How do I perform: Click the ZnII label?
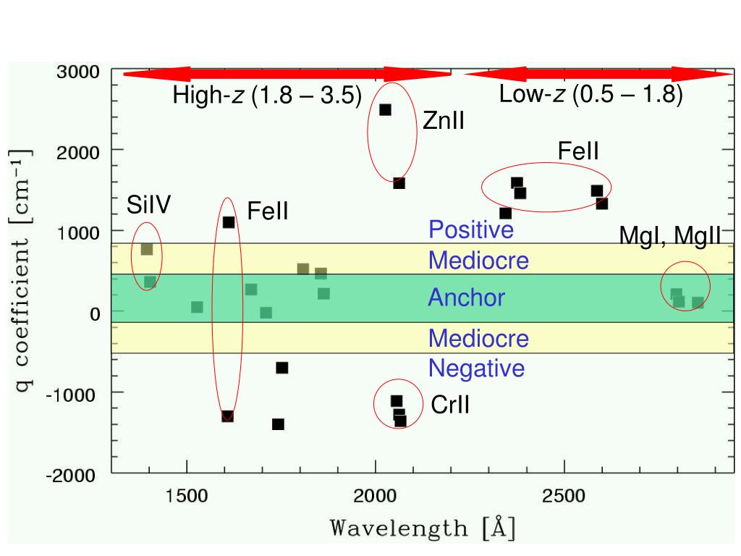pyautogui.click(x=443, y=121)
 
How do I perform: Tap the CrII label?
pyautogui.click(x=450, y=405)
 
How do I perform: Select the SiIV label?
pyautogui.click(x=149, y=206)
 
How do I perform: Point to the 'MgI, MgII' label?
pyautogui.click(x=670, y=236)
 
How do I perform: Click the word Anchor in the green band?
pyautogui.click(x=467, y=298)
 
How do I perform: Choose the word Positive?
pyautogui.click(x=471, y=230)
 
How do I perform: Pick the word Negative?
pyautogui.click(x=476, y=368)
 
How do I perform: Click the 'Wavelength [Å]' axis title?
pyautogui.click(x=423, y=527)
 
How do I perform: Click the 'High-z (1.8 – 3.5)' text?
pyautogui.click(x=267, y=96)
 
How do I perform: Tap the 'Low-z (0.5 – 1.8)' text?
pyautogui.click(x=590, y=95)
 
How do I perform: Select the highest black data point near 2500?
pyautogui.click(x=517, y=183)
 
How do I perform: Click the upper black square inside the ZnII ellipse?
pyautogui.click(x=386, y=110)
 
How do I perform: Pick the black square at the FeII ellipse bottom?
pyautogui.click(x=227, y=416)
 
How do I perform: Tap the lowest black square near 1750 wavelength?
pyautogui.click(x=278, y=424)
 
